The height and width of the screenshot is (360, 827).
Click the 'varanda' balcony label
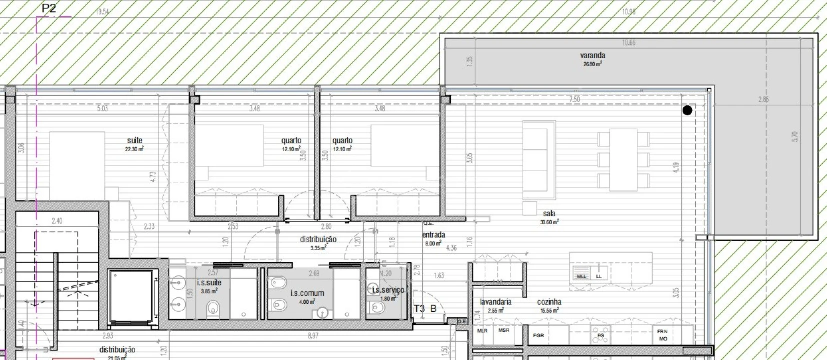[x=592, y=56]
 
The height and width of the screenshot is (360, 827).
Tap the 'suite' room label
[x=134, y=141]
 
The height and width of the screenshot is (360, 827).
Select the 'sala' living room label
[x=549, y=214]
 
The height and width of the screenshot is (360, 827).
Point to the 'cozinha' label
[x=549, y=302]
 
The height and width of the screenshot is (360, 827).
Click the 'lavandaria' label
[x=495, y=302]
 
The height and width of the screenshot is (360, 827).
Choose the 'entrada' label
[x=433, y=235]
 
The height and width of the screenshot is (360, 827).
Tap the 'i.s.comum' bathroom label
[x=307, y=293]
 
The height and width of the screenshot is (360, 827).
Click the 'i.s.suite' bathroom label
[x=209, y=283]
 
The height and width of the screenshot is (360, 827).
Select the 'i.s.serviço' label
[x=388, y=290]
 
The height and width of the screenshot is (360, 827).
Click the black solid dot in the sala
[x=687, y=110]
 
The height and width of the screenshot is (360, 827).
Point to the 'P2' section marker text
[x=49, y=8]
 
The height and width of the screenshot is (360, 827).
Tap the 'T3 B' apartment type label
[x=425, y=309]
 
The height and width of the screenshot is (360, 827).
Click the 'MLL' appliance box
[x=581, y=276]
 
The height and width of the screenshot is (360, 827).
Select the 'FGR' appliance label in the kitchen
[x=538, y=335]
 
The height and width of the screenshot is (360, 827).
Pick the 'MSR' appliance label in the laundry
[x=504, y=330]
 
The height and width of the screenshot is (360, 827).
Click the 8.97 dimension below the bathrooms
[x=313, y=336]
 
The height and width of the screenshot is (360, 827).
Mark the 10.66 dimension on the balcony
[x=629, y=43]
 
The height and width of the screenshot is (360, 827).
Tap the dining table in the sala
[x=623, y=160]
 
